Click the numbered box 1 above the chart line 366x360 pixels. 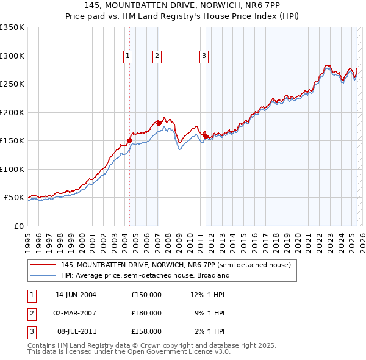point(128,56)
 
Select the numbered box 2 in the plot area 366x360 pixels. point(157,56)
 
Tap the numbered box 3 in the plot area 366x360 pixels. point(204,56)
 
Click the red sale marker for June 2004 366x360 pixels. point(129,140)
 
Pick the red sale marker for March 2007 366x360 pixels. point(159,123)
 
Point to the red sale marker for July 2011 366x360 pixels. point(206,135)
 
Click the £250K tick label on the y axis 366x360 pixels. point(12,84)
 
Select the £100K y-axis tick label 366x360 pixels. point(12,169)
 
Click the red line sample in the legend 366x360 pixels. point(43,265)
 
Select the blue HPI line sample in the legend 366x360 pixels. point(43,275)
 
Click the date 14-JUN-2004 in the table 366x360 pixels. point(76,295)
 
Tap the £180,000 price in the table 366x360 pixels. point(146,313)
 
